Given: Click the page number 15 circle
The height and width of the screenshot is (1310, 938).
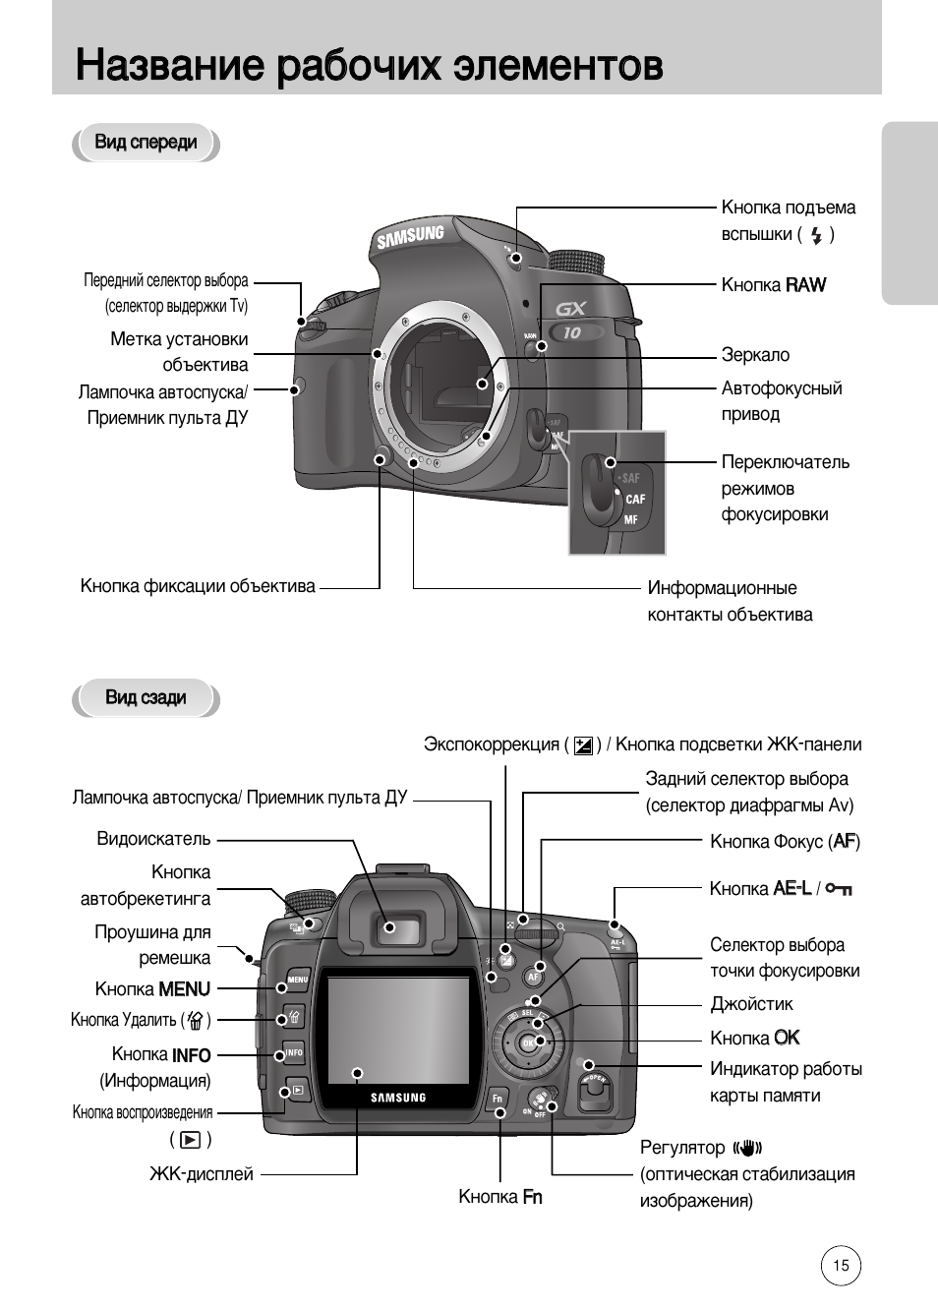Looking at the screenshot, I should (841, 1266).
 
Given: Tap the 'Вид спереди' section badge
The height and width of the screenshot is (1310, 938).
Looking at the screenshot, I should (146, 143).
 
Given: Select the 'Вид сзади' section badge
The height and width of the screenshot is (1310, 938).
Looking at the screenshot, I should (146, 698).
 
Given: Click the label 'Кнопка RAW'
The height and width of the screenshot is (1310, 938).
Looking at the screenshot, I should (773, 285).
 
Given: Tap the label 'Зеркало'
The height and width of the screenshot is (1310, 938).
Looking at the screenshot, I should (755, 355).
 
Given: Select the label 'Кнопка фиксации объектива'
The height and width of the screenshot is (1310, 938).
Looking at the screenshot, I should (198, 586).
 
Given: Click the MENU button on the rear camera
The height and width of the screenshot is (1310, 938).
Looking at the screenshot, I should (297, 981).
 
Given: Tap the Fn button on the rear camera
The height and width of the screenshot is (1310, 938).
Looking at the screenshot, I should (498, 1098).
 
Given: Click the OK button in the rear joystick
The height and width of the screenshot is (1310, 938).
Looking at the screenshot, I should (529, 1042).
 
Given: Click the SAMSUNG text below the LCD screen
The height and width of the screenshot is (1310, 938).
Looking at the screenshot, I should (398, 1098).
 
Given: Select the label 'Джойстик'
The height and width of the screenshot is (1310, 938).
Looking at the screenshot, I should (751, 1004).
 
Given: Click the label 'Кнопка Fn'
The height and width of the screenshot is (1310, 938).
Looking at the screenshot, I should (499, 1197).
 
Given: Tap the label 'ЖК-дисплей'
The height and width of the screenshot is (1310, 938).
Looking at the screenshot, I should (201, 1174).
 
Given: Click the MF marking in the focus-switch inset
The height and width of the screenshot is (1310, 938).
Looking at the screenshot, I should (631, 518).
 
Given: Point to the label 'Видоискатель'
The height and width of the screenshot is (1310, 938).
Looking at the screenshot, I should (153, 839).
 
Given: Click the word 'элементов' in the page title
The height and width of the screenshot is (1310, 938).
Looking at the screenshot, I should (557, 66).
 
